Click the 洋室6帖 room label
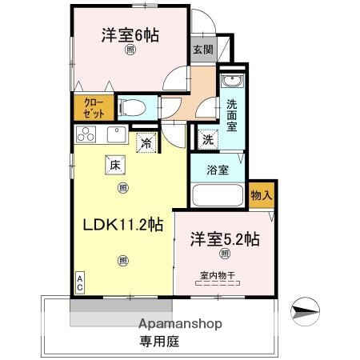[129, 35]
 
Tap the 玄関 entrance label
[202, 49]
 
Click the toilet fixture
[133, 106]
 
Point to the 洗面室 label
[230, 114]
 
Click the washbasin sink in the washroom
[231, 83]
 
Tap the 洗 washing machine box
[207, 138]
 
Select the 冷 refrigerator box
[147, 143]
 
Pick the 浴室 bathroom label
[218, 170]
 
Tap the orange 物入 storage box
[262, 194]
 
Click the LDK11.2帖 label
[123, 225]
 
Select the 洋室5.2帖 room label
[224, 238]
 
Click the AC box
[80, 282]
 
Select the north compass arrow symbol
[308, 308]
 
